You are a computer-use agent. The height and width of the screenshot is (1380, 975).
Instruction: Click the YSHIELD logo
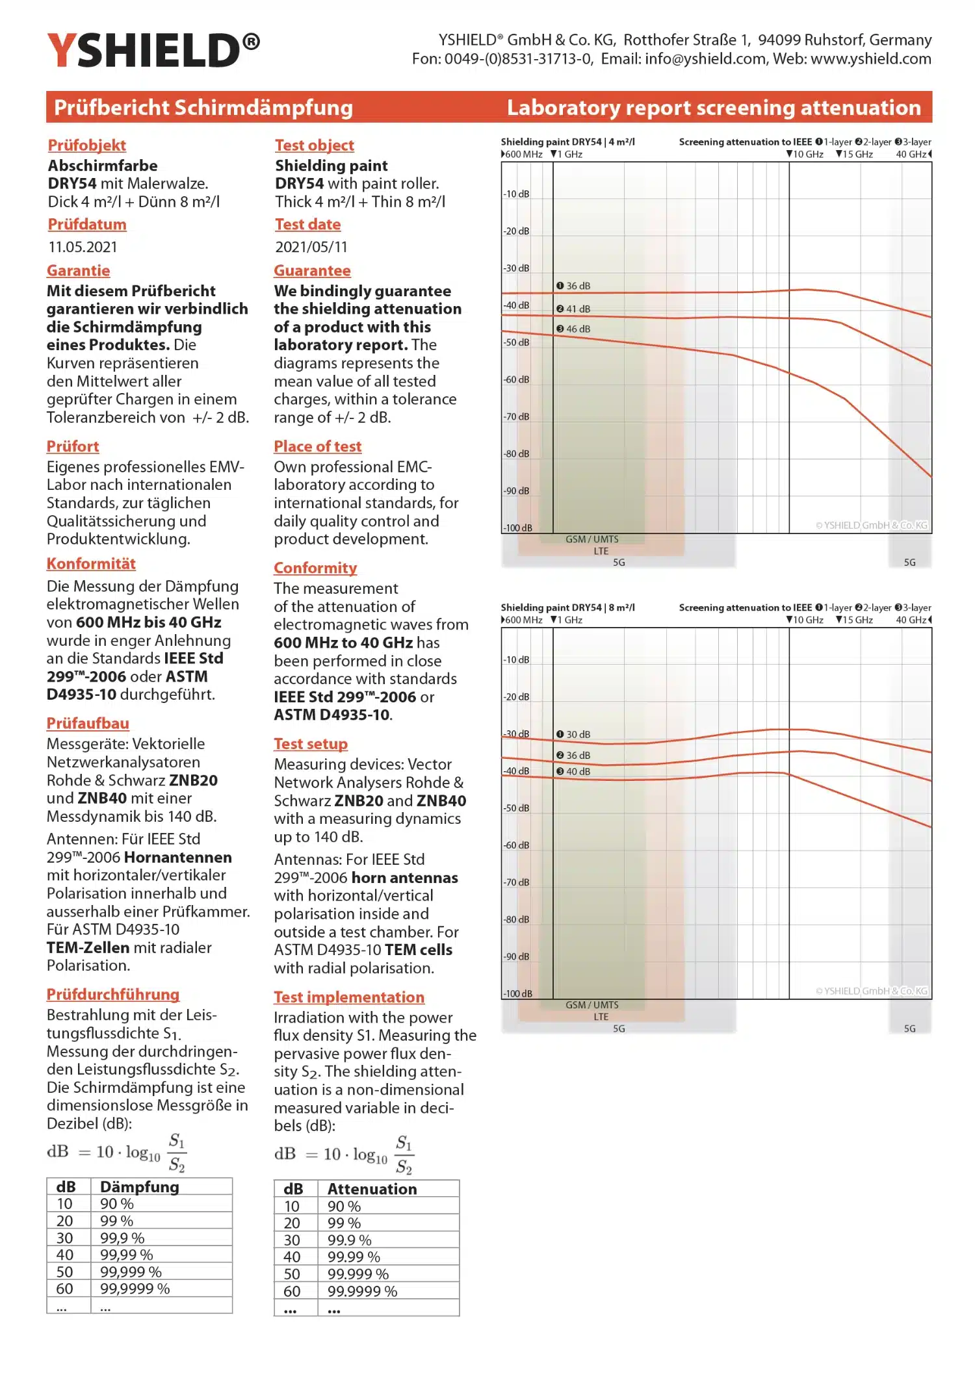(153, 50)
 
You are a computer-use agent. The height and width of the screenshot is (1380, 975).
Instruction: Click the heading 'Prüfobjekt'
(86, 145)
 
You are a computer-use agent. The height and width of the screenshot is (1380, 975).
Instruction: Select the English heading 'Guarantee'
(312, 270)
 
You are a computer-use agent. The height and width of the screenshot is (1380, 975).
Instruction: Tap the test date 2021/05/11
(311, 247)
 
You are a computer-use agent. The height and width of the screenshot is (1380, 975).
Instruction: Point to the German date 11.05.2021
(83, 247)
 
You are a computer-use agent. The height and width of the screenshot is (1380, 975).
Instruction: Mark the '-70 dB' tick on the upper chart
(516, 416)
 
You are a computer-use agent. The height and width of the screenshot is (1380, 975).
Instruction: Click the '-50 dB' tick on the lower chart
(516, 808)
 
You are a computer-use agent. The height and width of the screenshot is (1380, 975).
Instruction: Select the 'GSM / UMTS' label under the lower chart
(591, 1005)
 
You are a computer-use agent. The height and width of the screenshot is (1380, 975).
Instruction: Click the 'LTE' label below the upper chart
(601, 551)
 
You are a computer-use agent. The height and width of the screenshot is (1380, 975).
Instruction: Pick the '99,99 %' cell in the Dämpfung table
(127, 1255)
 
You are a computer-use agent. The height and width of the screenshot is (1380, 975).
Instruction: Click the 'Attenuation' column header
(372, 1189)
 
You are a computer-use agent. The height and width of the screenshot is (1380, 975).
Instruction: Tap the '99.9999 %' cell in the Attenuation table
(362, 1291)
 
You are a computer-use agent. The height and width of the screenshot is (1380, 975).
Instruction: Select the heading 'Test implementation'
(349, 997)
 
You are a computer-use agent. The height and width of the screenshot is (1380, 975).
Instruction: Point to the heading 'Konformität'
(91, 563)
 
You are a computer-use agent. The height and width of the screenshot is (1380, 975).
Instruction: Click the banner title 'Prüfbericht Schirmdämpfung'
(203, 107)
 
